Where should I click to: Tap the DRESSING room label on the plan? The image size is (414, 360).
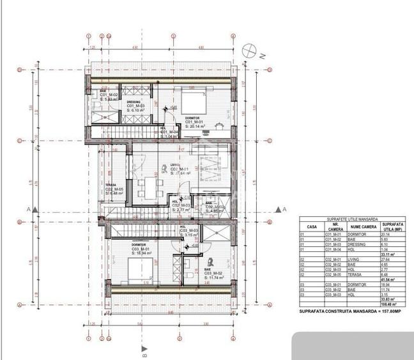point(134,102)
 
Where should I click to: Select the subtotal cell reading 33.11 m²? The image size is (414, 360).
point(388,254)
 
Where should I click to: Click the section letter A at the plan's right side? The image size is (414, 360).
point(284,209)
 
